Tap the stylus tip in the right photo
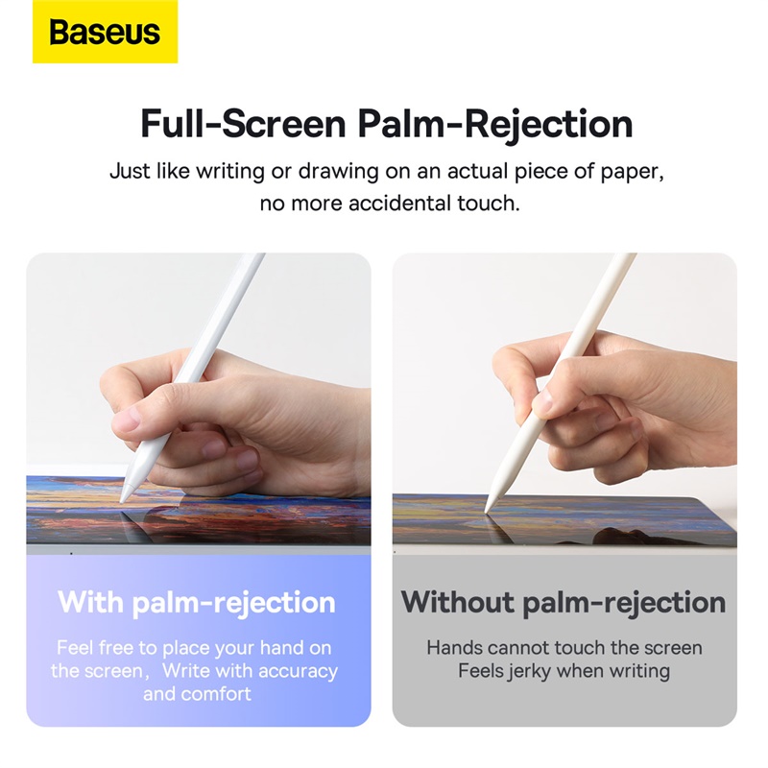[489, 508]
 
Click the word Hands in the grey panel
[454, 648]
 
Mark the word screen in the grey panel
[671, 648]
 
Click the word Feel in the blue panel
[75, 648]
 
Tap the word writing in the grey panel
[637, 670]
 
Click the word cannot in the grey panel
[519, 648]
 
